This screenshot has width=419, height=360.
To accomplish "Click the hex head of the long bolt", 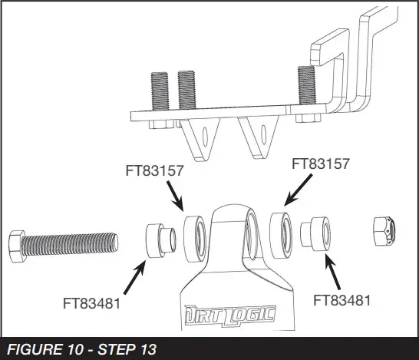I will [x=16, y=245].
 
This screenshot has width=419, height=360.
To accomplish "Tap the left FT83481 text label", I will [x=92, y=303].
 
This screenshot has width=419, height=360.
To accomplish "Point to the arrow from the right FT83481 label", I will [x=332, y=273].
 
